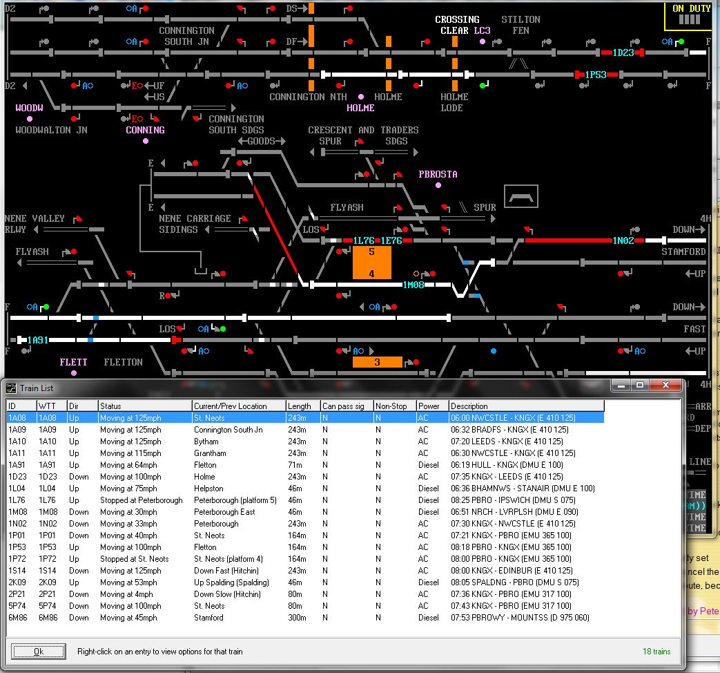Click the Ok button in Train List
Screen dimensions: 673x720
(39, 652)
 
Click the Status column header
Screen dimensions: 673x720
(144, 406)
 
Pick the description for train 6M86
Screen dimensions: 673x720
(520, 618)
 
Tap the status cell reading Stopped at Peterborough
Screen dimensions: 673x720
(141, 500)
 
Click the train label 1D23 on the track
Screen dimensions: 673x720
(623, 53)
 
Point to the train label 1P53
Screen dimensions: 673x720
(596, 75)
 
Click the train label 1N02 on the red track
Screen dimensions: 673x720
(623, 240)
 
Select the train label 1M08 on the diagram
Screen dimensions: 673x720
(413, 285)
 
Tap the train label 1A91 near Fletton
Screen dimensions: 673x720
(38, 340)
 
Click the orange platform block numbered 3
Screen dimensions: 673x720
(377, 362)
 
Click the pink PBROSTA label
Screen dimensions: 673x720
(438, 174)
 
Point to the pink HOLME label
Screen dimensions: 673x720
(360, 108)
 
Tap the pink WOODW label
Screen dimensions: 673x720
(29, 108)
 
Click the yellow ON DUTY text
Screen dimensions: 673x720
(691, 8)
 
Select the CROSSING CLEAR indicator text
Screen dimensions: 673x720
(457, 25)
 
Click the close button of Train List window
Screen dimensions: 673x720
(665, 385)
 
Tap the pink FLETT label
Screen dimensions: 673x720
(73, 362)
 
